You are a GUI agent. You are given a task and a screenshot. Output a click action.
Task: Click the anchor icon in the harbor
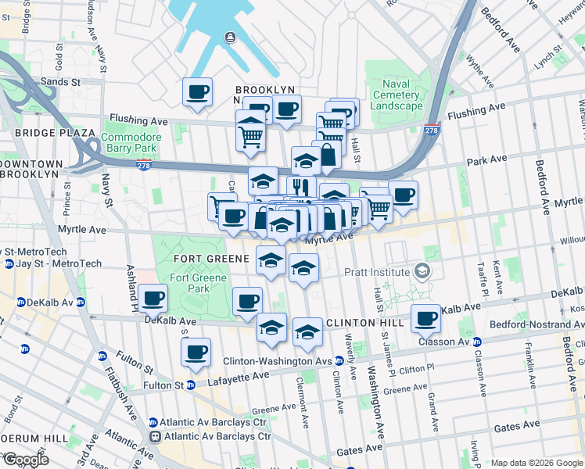231,38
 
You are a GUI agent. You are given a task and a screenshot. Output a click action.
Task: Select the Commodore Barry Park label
131,144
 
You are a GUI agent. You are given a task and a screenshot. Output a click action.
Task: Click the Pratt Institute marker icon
424,272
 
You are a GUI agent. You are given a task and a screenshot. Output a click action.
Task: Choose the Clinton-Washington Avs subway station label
277,361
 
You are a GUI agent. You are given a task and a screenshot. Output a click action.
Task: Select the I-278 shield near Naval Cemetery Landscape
431,130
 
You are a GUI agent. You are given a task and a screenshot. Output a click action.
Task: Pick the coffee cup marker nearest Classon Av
426,318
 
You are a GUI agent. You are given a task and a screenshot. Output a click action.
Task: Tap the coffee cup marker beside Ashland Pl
154,298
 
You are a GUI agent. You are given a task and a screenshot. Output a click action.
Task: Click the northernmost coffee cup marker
197,91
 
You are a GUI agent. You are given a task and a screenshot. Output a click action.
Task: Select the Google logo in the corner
25,460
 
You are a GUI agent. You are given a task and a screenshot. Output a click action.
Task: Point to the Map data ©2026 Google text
537,463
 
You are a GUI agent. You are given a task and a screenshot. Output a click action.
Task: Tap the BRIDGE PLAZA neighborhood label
44,134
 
